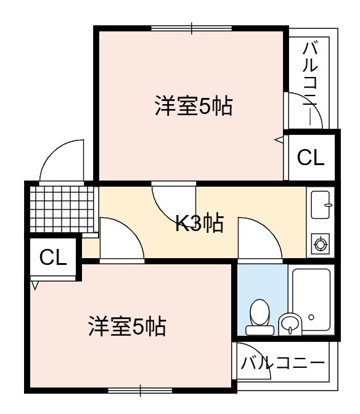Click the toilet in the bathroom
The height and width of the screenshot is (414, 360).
tap(260, 317)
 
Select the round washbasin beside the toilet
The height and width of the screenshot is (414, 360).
tap(290, 324)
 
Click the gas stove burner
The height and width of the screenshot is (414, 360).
tap(321, 244)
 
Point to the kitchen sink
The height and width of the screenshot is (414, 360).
tap(321, 205)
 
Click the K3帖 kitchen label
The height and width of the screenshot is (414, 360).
tap(200, 224)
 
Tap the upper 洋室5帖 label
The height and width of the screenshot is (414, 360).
tap(194, 105)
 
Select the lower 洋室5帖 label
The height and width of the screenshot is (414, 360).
tap(128, 326)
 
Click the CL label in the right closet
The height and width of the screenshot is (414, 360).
tap(311, 158)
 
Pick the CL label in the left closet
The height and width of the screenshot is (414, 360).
tap(53, 257)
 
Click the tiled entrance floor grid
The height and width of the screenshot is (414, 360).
tap(62, 209)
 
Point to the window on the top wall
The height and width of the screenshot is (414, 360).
tap(192, 28)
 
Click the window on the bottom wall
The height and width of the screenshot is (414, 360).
tap(141, 391)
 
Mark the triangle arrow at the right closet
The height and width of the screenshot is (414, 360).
tap(279, 140)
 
